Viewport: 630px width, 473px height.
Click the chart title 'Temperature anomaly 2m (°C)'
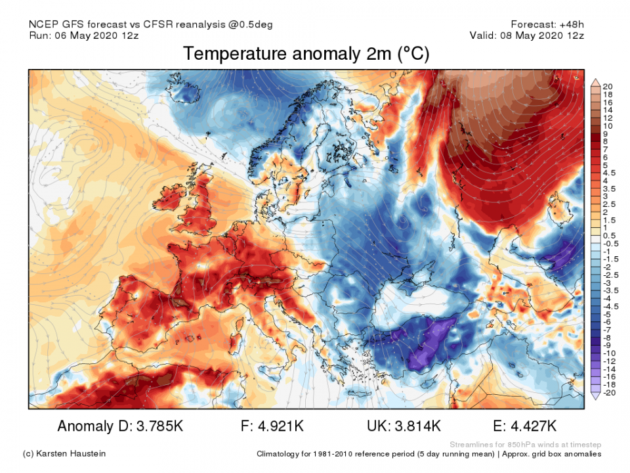click(x=306, y=54)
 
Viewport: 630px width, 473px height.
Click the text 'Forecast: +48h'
click(x=547, y=24)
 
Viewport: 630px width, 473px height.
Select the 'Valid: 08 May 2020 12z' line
click(x=526, y=35)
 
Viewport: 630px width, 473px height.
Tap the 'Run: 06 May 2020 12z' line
click(x=85, y=35)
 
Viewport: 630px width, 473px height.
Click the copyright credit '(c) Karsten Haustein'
click(x=64, y=454)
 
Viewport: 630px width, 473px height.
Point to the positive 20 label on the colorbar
click(x=608, y=86)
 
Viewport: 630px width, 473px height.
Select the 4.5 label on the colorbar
click(x=609, y=173)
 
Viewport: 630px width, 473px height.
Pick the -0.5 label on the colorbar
click(x=610, y=244)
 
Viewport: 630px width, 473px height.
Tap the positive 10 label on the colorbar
click(x=608, y=125)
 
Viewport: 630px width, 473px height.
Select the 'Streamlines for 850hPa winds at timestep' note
click(x=525, y=444)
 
